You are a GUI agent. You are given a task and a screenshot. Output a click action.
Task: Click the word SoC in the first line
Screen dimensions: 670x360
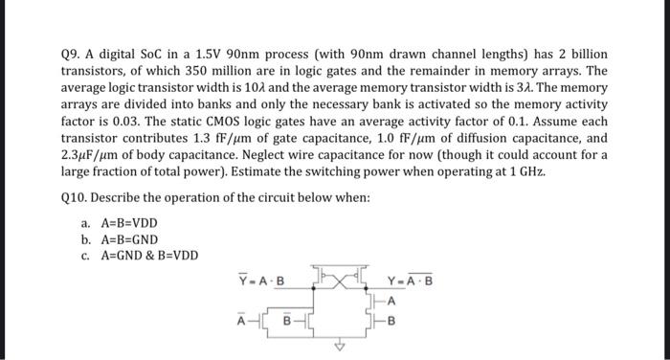157,54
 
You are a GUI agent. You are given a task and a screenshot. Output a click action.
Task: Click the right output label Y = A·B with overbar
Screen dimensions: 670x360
410,281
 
